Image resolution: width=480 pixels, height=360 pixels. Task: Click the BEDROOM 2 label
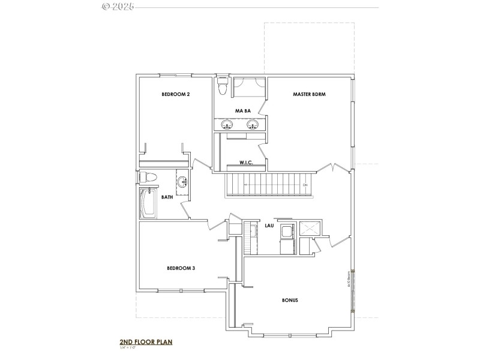tap(175, 94)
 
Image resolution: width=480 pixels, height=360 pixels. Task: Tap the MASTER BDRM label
tap(309, 94)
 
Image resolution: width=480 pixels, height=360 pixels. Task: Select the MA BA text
tap(242, 111)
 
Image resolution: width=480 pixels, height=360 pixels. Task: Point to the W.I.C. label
tap(246, 163)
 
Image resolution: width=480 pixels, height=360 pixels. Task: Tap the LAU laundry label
tap(270, 226)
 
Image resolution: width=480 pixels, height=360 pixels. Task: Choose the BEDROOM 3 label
tap(181, 268)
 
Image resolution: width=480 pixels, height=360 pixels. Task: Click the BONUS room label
tap(290, 300)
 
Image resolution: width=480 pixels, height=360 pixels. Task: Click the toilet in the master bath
tap(223, 88)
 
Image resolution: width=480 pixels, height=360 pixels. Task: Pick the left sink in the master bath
tap(227, 125)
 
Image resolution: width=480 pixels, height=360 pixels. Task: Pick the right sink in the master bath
tap(253, 125)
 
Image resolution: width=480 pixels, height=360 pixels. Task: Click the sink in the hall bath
tap(182, 181)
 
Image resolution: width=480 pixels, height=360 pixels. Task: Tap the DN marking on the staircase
tap(305, 185)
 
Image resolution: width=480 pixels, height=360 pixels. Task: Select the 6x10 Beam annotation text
tap(349, 280)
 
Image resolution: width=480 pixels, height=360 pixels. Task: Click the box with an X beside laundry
tap(311, 228)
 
